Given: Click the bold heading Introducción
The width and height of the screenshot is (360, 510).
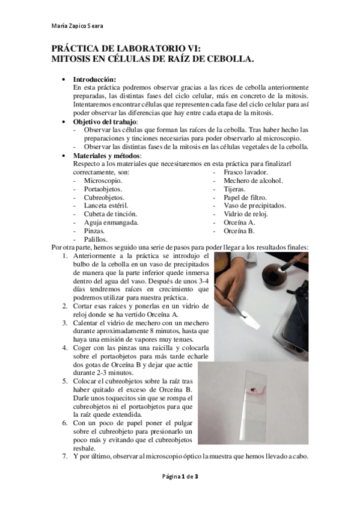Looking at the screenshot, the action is tap(94, 79).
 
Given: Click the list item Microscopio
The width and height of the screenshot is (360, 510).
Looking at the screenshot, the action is tap(103, 180).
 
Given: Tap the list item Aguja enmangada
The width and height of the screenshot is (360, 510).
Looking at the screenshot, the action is tap(111, 223).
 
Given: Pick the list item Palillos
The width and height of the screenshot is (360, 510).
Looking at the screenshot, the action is tap(96, 239).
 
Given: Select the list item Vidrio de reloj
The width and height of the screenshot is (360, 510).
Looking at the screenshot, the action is tap(245, 214).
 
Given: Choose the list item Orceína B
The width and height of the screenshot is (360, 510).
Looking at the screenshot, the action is tap(239, 231).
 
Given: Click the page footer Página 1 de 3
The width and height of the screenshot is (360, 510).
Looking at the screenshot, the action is tap(180, 476).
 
